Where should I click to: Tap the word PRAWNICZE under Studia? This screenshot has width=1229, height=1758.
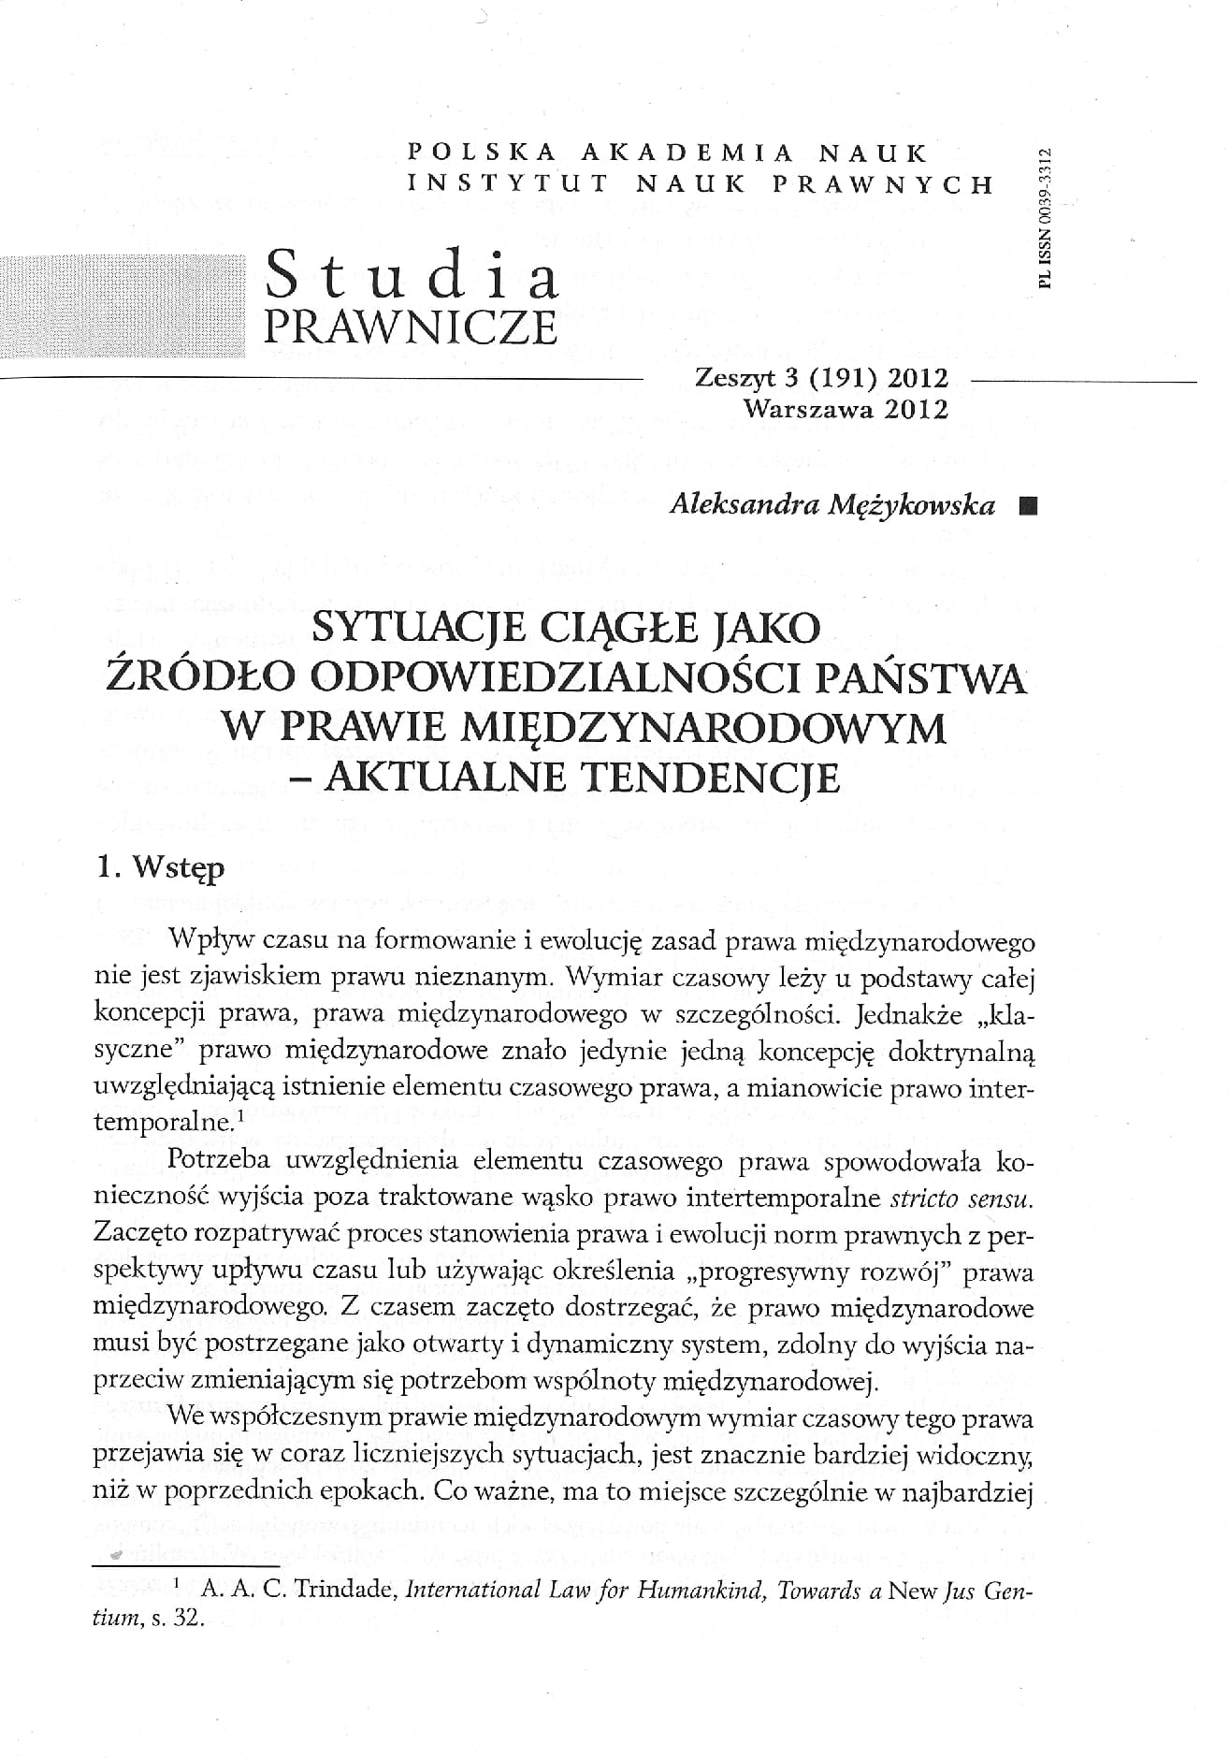pos(411,327)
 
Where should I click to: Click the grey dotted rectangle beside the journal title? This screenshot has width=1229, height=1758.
pos(121,306)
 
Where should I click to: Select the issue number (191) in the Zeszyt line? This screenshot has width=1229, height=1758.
pos(846,378)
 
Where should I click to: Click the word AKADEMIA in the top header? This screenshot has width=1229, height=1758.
pos(687,151)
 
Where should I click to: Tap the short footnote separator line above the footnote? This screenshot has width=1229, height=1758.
pos(187,1565)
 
